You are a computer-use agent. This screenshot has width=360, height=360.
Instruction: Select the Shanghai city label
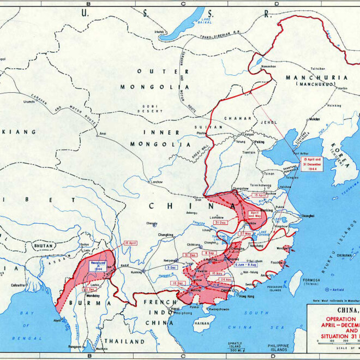click(x=307, y=215)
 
